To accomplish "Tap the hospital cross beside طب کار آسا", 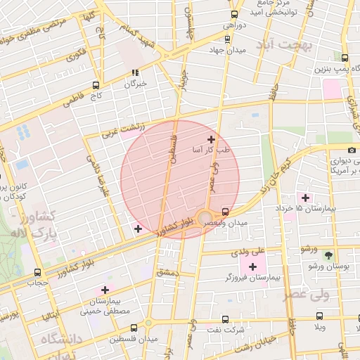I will (211, 140).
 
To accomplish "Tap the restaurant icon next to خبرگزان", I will (136, 72).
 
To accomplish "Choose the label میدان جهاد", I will (227, 50).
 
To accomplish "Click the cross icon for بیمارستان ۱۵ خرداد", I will (304, 197).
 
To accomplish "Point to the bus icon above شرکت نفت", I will (226, 319).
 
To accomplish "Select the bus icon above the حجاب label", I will (37, 272).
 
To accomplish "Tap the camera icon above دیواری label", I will (352, 149).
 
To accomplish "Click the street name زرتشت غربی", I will (123, 129).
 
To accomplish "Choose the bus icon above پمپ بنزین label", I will (344, 58).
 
